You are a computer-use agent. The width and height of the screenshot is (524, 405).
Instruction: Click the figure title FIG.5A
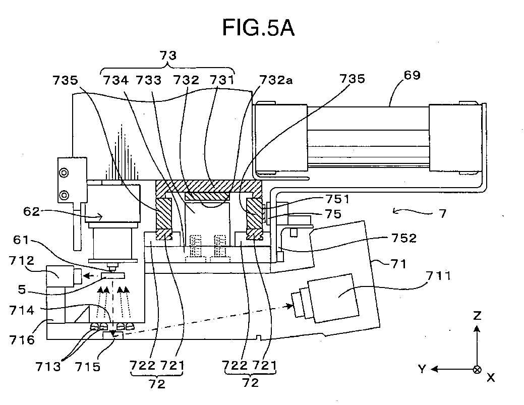click(258, 28)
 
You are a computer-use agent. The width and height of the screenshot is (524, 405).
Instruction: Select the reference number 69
click(412, 75)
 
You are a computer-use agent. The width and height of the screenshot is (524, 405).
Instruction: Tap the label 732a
click(276, 80)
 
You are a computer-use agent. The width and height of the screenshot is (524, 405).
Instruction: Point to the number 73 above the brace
click(168, 55)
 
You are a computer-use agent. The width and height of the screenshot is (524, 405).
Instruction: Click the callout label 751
click(337, 199)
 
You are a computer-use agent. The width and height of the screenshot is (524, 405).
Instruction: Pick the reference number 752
click(404, 238)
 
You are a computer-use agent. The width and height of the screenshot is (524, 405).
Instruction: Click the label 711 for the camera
click(438, 276)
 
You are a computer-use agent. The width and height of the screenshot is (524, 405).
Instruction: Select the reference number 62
click(31, 211)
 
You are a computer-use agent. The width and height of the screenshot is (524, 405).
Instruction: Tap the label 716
click(22, 339)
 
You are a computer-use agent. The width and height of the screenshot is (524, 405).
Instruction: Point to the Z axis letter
click(477, 315)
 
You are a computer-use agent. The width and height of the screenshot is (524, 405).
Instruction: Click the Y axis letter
click(423, 369)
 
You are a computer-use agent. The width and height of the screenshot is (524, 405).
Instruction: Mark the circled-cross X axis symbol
click(478, 370)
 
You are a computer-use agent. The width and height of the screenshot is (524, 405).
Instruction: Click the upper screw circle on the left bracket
click(64, 173)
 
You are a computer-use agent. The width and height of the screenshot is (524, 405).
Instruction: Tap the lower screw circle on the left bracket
click(64, 195)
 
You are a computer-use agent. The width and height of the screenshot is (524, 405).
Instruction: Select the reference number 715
click(88, 367)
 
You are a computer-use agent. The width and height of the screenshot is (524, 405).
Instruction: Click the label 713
click(48, 367)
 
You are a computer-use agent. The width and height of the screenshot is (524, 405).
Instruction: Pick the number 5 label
click(22, 290)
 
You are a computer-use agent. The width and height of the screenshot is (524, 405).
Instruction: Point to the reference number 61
click(21, 240)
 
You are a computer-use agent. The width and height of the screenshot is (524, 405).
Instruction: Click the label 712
click(22, 260)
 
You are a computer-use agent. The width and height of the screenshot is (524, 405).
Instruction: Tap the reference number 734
click(115, 80)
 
